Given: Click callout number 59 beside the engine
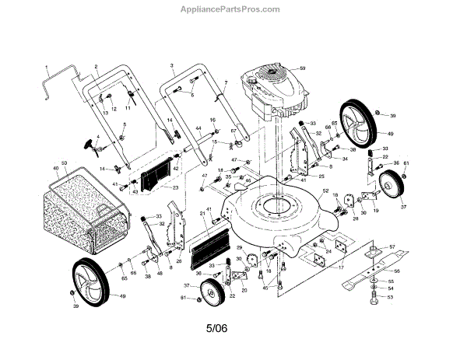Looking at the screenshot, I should point(304,69).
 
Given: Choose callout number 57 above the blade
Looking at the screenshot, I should point(392,247).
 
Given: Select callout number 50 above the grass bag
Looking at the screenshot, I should point(65,163).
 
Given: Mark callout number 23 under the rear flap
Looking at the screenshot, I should point(174,187).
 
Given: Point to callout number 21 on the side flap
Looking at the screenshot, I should point(203,212).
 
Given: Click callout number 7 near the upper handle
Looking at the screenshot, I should point(225,82).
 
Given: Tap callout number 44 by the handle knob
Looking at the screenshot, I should point(198,128).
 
